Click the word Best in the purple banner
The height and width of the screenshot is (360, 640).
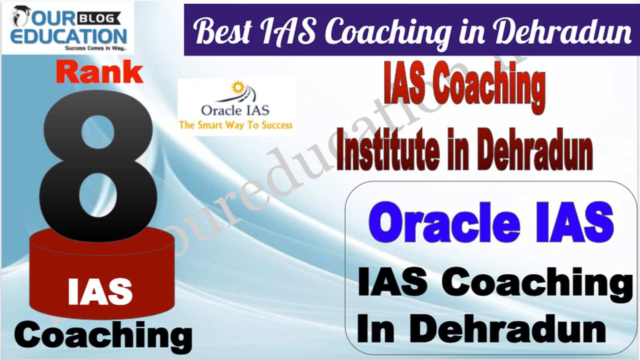pyautogui.click(x=222, y=31)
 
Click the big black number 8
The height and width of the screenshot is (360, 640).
pyautogui.click(x=98, y=166)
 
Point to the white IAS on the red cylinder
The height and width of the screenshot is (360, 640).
pyautogui.click(x=100, y=292)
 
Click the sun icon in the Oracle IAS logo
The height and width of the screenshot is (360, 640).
pyautogui.click(x=238, y=87)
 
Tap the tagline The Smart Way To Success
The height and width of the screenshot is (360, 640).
pyautogui.click(x=236, y=126)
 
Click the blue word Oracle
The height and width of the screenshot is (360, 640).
pyautogui.click(x=444, y=222)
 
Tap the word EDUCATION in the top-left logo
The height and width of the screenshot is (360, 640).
pyautogui.click(x=68, y=37)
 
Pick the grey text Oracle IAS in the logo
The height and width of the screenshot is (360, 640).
pyautogui.click(x=235, y=110)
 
